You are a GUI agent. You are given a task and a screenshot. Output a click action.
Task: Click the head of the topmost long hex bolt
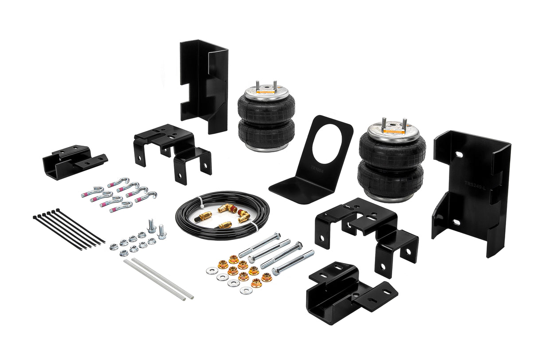coord(277,235)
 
